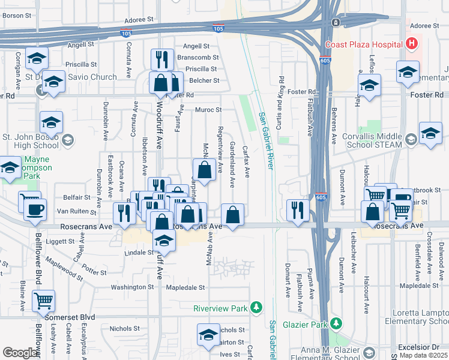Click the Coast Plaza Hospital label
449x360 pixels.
coord(363,44)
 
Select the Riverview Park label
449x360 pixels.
coord(221,308)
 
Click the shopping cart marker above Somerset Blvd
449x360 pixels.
coord(44,301)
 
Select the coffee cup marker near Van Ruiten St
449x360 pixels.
coord(35,210)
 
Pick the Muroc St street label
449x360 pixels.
coord(208,110)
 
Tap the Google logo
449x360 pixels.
coord(20,353)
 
